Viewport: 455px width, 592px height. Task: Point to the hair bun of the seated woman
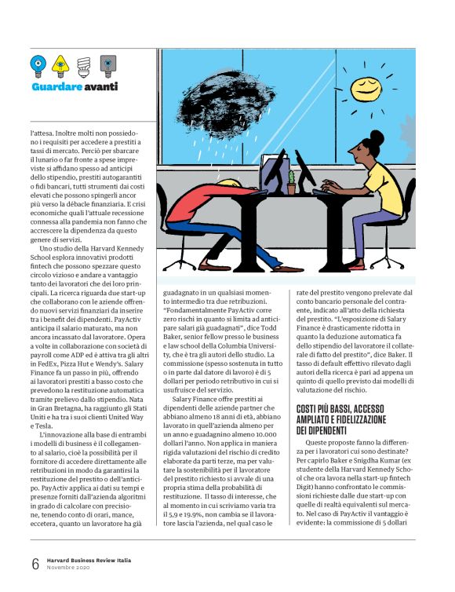[377, 139]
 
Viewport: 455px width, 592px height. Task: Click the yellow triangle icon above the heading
[60, 63]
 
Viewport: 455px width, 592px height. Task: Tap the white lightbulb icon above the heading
[84, 64]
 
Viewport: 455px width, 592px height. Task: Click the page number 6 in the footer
[35, 564]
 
